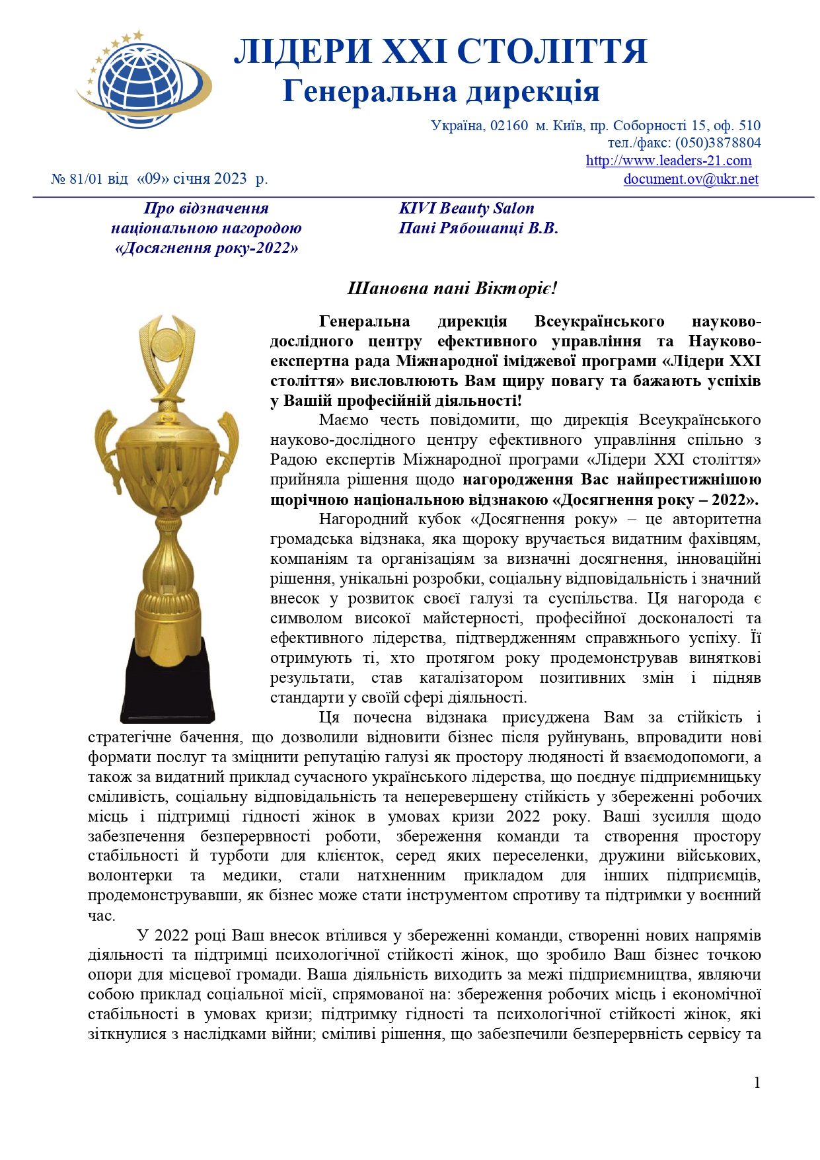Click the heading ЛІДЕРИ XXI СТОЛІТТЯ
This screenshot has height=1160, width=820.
[x=441, y=52]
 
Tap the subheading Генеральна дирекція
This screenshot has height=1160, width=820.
[x=441, y=91]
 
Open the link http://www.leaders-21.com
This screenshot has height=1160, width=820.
[x=669, y=161]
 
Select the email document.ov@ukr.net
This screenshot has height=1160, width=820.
[x=690, y=179]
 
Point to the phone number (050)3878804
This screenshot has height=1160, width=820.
[x=718, y=143]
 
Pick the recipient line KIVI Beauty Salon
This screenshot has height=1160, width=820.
[x=466, y=209]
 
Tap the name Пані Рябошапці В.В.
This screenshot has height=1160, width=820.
[x=478, y=229]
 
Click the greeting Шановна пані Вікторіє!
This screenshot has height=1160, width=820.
[x=453, y=288]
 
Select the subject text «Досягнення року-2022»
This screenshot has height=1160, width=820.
[x=206, y=249]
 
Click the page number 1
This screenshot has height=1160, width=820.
[x=757, y=1083]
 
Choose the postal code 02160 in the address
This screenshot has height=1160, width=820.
[x=509, y=126]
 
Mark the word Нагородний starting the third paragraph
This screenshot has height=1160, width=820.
[x=361, y=520]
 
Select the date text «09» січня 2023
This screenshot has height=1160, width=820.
[x=192, y=179]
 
